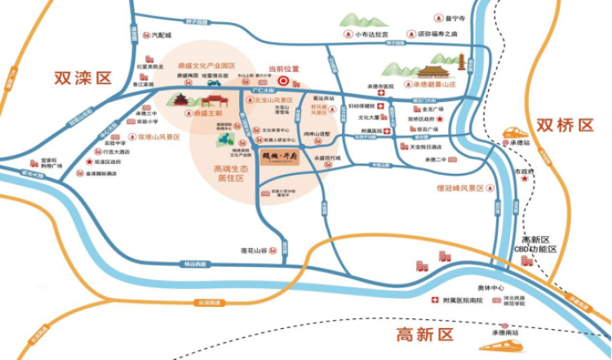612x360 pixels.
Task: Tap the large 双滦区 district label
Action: [x=82, y=78]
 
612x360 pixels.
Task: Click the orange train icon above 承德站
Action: [x=515, y=131]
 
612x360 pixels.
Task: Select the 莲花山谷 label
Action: [x=254, y=249]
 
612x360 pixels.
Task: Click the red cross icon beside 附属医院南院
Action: [x=435, y=300]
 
